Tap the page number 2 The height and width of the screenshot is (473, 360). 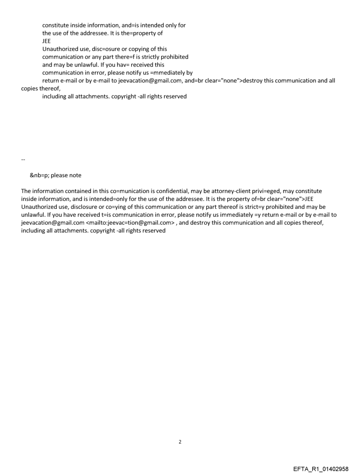point(180,442)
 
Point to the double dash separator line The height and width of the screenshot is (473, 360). point(23,159)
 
